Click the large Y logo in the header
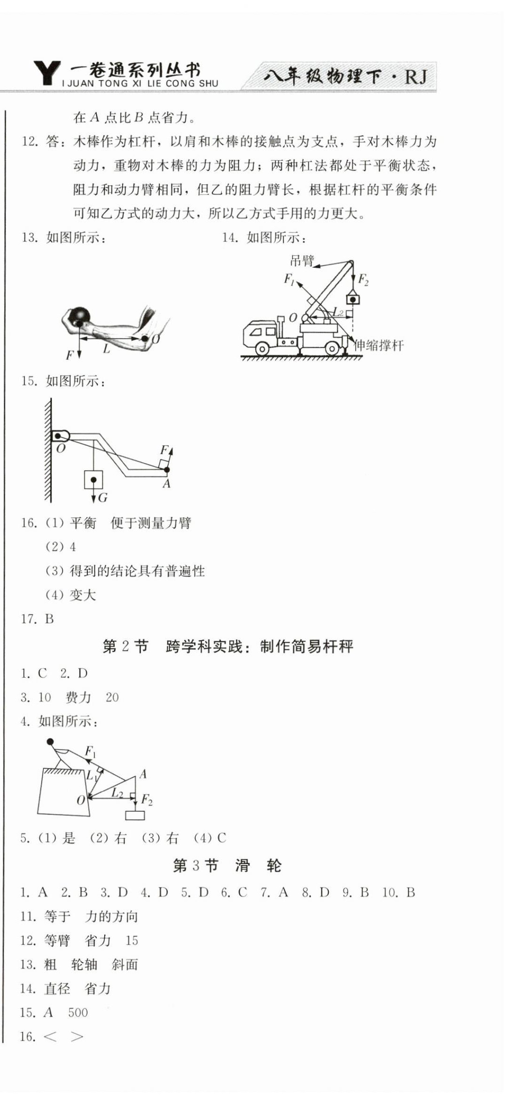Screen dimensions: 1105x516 coord(47,73)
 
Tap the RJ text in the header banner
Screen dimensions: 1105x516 coord(416,76)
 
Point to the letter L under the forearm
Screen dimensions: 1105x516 coord(106,349)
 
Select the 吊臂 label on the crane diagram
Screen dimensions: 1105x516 coord(301,260)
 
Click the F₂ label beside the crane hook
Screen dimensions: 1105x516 coord(363,280)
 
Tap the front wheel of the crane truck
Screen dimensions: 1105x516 coord(262,349)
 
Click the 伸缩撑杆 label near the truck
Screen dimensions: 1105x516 coord(379,345)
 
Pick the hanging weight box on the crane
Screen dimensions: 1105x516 coord(352,299)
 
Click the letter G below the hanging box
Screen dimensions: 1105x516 coord(103,498)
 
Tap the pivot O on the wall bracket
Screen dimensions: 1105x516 coord(58,436)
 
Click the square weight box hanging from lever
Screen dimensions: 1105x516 coord(93,480)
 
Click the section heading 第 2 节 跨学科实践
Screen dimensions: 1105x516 coord(228,646)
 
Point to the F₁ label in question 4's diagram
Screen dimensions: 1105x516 coord(90,751)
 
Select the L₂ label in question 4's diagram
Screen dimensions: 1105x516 coord(117,793)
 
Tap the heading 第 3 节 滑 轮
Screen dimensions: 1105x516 coord(227,865)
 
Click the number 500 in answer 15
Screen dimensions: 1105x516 coord(78,1013)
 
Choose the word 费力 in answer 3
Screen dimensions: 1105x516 coord(78,697)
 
